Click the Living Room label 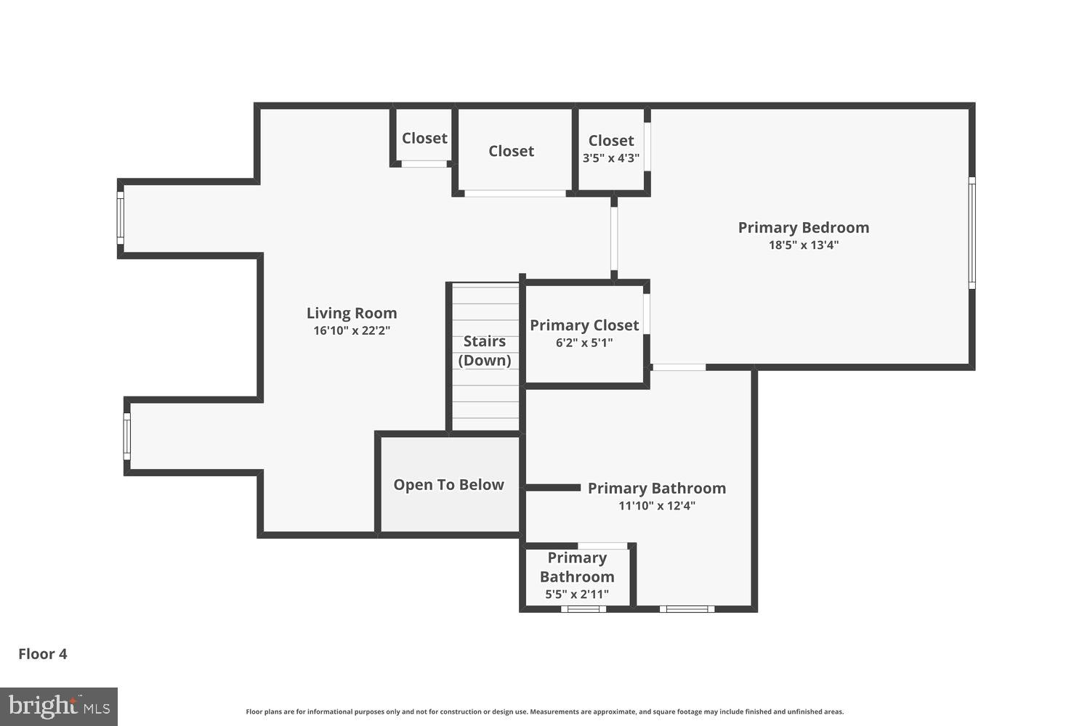(x=352, y=313)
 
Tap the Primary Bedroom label (x=803, y=227)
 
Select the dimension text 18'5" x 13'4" (x=804, y=245)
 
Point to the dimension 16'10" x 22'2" (x=352, y=331)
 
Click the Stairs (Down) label (x=485, y=351)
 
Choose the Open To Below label (x=448, y=485)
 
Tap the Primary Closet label (x=584, y=325)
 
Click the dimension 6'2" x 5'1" (x=584, y=343)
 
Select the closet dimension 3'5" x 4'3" (x=611, y=158)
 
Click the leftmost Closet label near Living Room (x=424, y=138)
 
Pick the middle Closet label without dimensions (x=511, y=151)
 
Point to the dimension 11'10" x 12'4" (x=657, y=506)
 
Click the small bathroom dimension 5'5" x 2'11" (x=577, y=595)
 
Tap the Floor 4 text (x=43, y=654)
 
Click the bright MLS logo (x=59, y=706)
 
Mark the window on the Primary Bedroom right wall (x=972, y=232)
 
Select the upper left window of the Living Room (x=121, y=218)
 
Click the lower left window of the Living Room (x=126, y=436)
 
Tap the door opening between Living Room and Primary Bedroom (x=614, y=238)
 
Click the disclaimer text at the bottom (x=544, y=712)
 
